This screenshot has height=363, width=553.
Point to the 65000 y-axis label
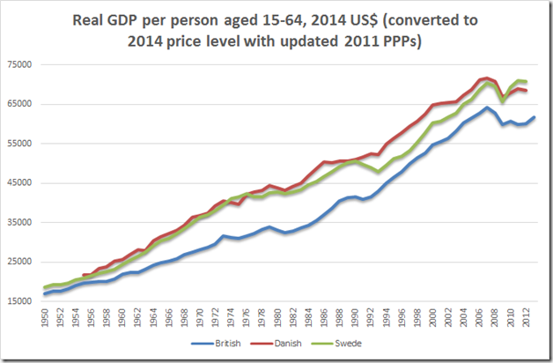(20, 104)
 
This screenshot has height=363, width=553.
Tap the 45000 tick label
(20, 183)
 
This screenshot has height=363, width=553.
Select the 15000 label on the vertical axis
(20, 302)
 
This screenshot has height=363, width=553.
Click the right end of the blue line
(535, 117)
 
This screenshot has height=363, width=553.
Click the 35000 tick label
(20, 223)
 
